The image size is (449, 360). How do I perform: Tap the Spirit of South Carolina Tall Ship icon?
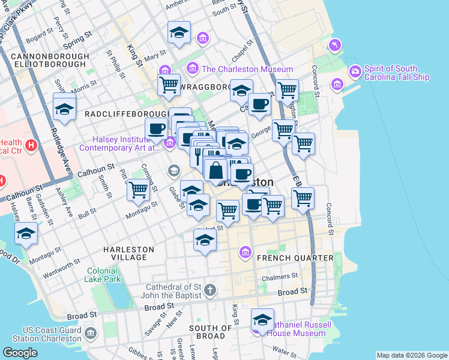(x=356, y=71)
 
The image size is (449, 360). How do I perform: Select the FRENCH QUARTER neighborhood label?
(x=295, y=258)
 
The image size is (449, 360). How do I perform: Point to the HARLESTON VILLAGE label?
(x=128, y=253)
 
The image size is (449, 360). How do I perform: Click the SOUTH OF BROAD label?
(x=210, y=333)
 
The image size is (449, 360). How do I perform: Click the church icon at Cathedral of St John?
(x=209, y=291)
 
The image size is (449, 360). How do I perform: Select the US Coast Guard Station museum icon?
(x=91, y=333)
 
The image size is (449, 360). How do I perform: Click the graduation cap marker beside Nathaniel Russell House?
(x=262, y=320)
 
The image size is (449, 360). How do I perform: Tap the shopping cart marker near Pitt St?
(x=139, y=190)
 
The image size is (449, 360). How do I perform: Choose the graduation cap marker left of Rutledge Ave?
(x=64, y=109)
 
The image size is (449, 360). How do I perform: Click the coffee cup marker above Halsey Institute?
(x=156, y=128)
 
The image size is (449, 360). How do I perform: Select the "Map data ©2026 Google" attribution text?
(x=411, y=355)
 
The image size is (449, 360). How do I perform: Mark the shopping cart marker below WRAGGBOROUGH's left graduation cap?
(x=169, y=85)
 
